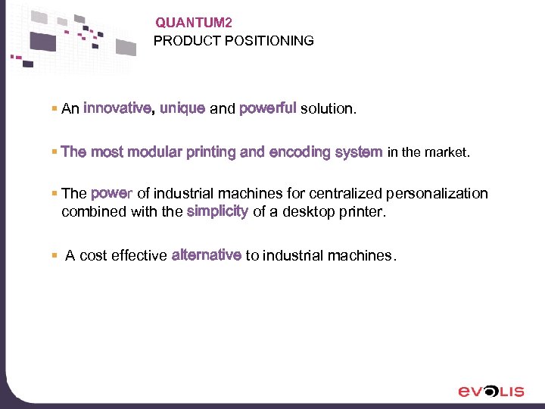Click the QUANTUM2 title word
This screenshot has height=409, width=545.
click(x=188, y=23)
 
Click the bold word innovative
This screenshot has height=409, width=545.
click(x=117, y=108)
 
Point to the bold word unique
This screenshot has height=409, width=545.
click(x=182, y=108)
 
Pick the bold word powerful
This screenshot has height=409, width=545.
click(x=267, y=108)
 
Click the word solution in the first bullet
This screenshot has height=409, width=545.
click(x=326, y=109)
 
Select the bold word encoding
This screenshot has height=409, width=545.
click(x=300, y=152)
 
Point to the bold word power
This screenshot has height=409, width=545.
click(x=112, y=194)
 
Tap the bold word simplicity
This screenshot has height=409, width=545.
click(x=217, y=211)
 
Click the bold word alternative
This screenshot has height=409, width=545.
click(x=207, y=255)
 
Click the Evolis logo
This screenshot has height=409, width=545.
click(x=490, y=391)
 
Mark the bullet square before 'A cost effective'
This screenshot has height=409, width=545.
click(x=54, y=256)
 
